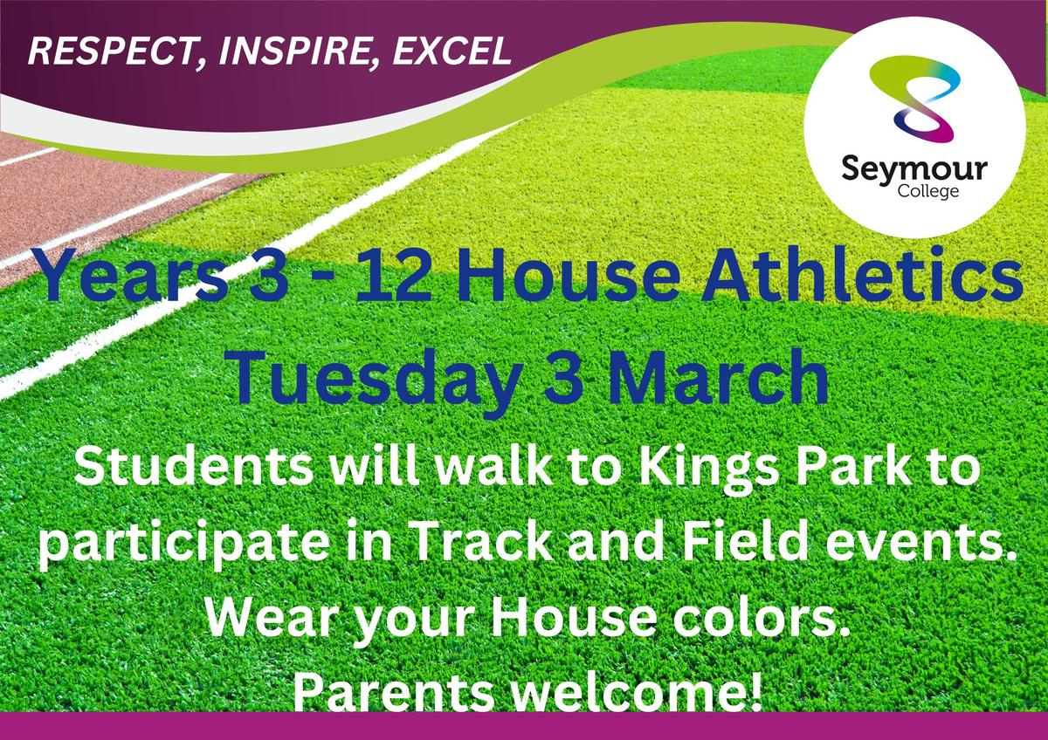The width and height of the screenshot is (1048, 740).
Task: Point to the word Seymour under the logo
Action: tap(914, 172)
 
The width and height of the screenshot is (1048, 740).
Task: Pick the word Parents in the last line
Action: tap(394, 693)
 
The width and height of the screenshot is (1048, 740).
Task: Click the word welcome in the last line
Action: tap(624, 691)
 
